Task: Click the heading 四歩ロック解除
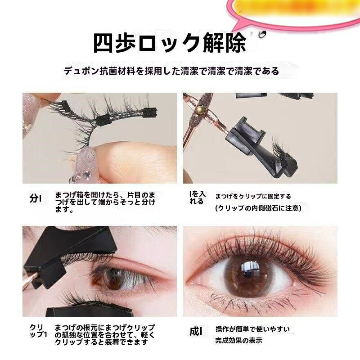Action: coord(170,43)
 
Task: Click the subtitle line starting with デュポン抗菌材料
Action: coord(171,71)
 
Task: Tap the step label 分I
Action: coord(36,198)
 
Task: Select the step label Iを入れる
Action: coord(197,198)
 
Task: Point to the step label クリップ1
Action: coord(38,331)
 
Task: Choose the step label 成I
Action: coord(196,331)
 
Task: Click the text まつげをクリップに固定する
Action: coord(253,196)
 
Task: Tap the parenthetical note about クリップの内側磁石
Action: coord(258,208)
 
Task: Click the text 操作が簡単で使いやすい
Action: coord(252,329)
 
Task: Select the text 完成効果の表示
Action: coord(238,340)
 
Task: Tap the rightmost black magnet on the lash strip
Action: coord(150,113)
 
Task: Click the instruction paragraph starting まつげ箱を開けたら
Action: coord(105,202)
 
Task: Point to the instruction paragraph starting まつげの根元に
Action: coord(105,334)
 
